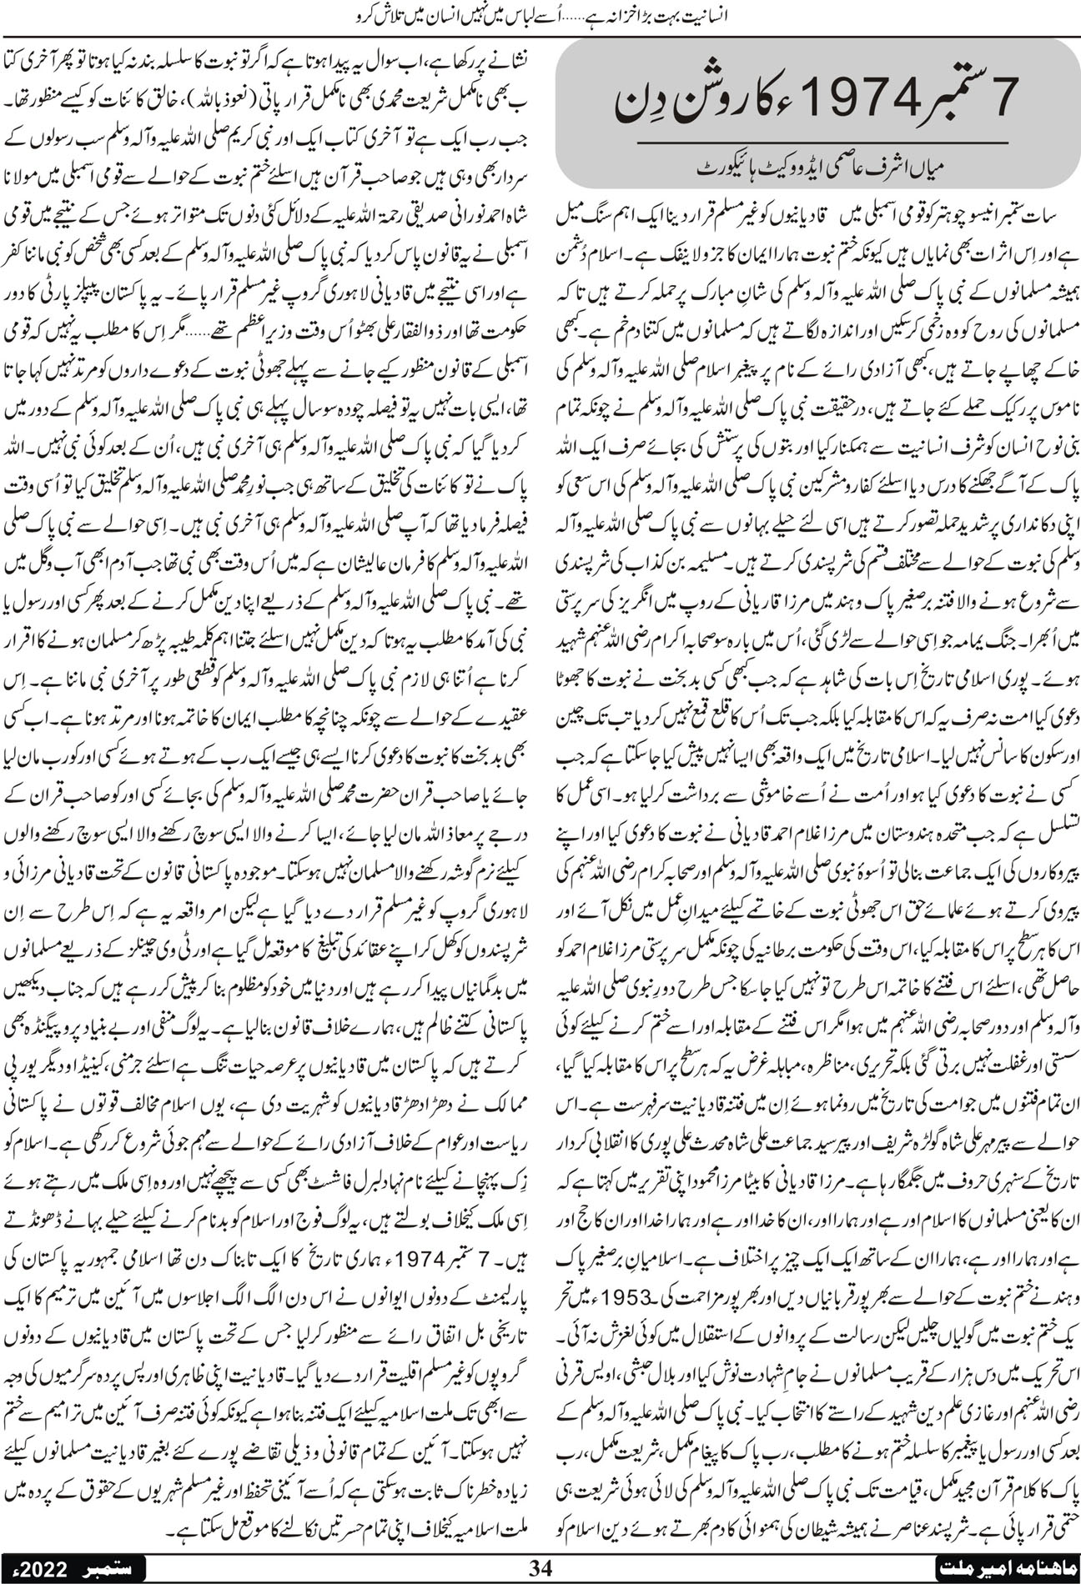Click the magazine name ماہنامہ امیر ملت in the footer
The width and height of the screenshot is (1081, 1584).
(1009, 1566)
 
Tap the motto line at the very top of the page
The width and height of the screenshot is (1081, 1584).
(540, 13)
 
